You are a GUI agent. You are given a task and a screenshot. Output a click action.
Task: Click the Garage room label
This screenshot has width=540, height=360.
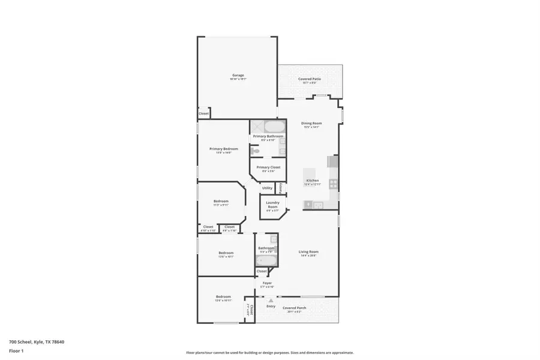tap(238, 76)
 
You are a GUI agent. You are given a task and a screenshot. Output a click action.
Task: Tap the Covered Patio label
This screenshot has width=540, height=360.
tap(310, 79)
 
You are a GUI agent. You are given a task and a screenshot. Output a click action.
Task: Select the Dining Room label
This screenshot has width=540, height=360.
tap(311, 124)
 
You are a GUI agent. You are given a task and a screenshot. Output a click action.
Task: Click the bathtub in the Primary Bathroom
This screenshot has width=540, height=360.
tap(275, 127)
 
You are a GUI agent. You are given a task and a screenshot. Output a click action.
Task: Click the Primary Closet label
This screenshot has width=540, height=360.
tap(267, 167)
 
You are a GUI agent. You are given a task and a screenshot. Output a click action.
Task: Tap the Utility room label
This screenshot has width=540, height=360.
tap(267, 188)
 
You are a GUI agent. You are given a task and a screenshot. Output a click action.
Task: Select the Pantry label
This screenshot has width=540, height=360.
tap(280, 188)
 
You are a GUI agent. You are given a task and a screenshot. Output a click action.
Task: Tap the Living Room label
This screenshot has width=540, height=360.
tap(309, 252)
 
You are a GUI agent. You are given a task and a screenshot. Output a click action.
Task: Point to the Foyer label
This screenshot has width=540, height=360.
tap(267, 283)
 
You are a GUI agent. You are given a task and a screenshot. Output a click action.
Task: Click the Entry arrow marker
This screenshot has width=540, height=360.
tap(271, 300)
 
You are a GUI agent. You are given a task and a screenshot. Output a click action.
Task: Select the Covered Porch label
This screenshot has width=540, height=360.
tap(295, 308)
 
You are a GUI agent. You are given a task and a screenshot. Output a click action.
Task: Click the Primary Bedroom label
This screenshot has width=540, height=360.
tap(223, 149)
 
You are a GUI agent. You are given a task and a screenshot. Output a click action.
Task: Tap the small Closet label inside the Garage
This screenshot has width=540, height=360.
tap(204, 113)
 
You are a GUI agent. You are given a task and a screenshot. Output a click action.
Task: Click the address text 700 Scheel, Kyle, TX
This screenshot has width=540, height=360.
tap(37, 342)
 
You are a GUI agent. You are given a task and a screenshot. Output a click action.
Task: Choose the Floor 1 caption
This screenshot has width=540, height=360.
tap(16, 352)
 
